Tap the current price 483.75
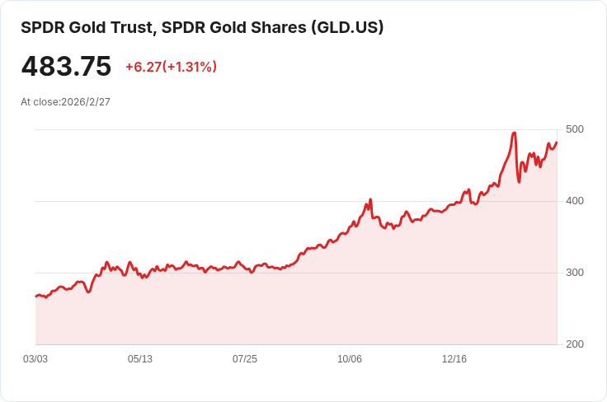pos(66,67)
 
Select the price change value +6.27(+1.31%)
pos(171,67)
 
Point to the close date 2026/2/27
pos(86,102)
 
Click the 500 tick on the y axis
pos(575,129)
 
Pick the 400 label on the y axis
pos(575,201)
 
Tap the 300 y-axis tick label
pos(575,273)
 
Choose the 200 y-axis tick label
pos(575,344)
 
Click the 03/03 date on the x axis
pos(35,359)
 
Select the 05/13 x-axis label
pos(140,359)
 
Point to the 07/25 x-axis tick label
pos(245,359)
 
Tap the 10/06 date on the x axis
pos(350,359)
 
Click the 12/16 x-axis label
pos(454,359)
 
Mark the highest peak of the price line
pos(514,133)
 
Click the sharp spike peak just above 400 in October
pos(370,199)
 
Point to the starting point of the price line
pos(35,296)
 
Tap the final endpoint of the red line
pos(557,143)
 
